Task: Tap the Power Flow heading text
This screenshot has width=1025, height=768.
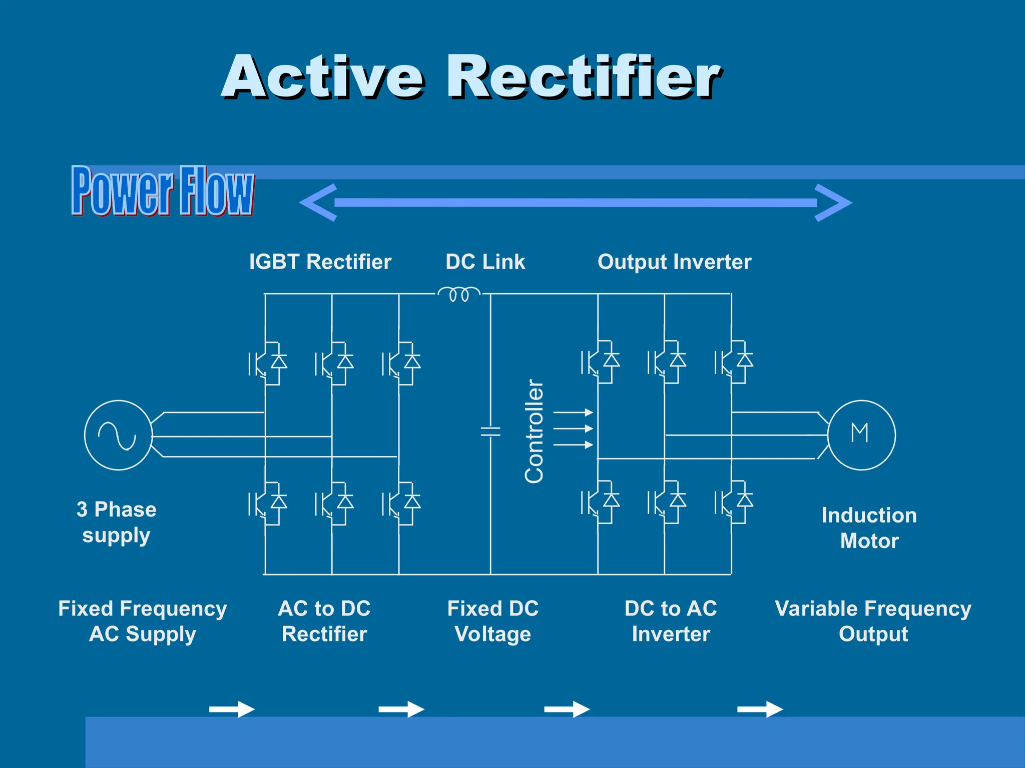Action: (x=163, y=191)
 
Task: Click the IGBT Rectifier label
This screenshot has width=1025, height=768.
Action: (x=320, y=261)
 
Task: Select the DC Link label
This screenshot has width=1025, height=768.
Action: (x=485, y=261)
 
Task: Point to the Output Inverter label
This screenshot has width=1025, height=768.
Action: (x=674, y=261)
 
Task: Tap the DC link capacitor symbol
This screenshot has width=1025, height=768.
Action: (x=490, y=431)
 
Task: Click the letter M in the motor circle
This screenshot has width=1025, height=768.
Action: (x=860, y=433)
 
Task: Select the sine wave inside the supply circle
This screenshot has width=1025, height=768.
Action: (x=117, y=435)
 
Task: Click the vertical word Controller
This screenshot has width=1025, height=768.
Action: (x=534, y=431)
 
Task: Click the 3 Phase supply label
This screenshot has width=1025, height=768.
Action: (x=116, y=522)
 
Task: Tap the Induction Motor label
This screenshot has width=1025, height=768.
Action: (x=869, y=528)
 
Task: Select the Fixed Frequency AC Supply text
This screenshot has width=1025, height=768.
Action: (x=143, y=621)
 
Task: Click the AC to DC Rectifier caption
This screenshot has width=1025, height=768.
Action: (x=324, y=621)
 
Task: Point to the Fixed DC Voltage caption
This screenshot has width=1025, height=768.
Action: (x=493, y=621)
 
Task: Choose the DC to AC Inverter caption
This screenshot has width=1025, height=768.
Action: (x=671, y=621)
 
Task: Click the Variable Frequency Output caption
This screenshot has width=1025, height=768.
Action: (x=873, y=621)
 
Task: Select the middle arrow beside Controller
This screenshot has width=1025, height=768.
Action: (x=573, y=428)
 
